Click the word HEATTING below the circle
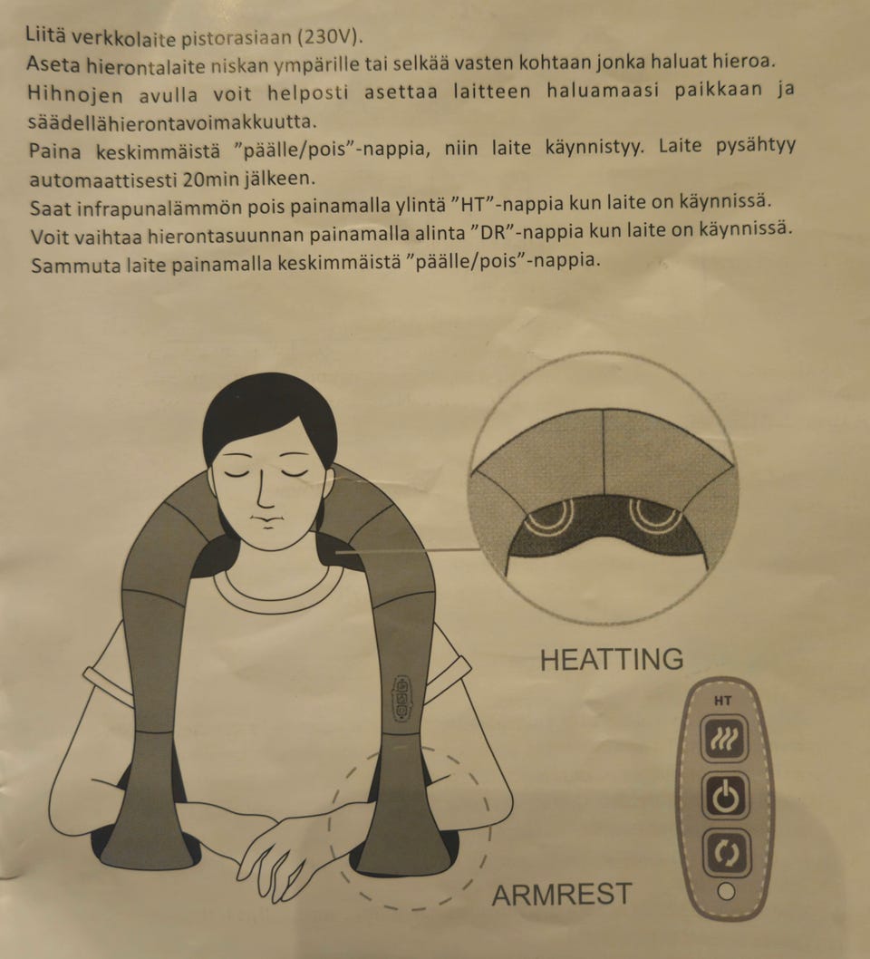click(x=611, y=659)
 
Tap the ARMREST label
click(x=561, y=895)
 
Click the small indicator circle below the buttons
click(x=725, y=892)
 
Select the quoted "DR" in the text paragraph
click(x=495, y=233)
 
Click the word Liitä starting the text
click(x=45, y=38)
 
